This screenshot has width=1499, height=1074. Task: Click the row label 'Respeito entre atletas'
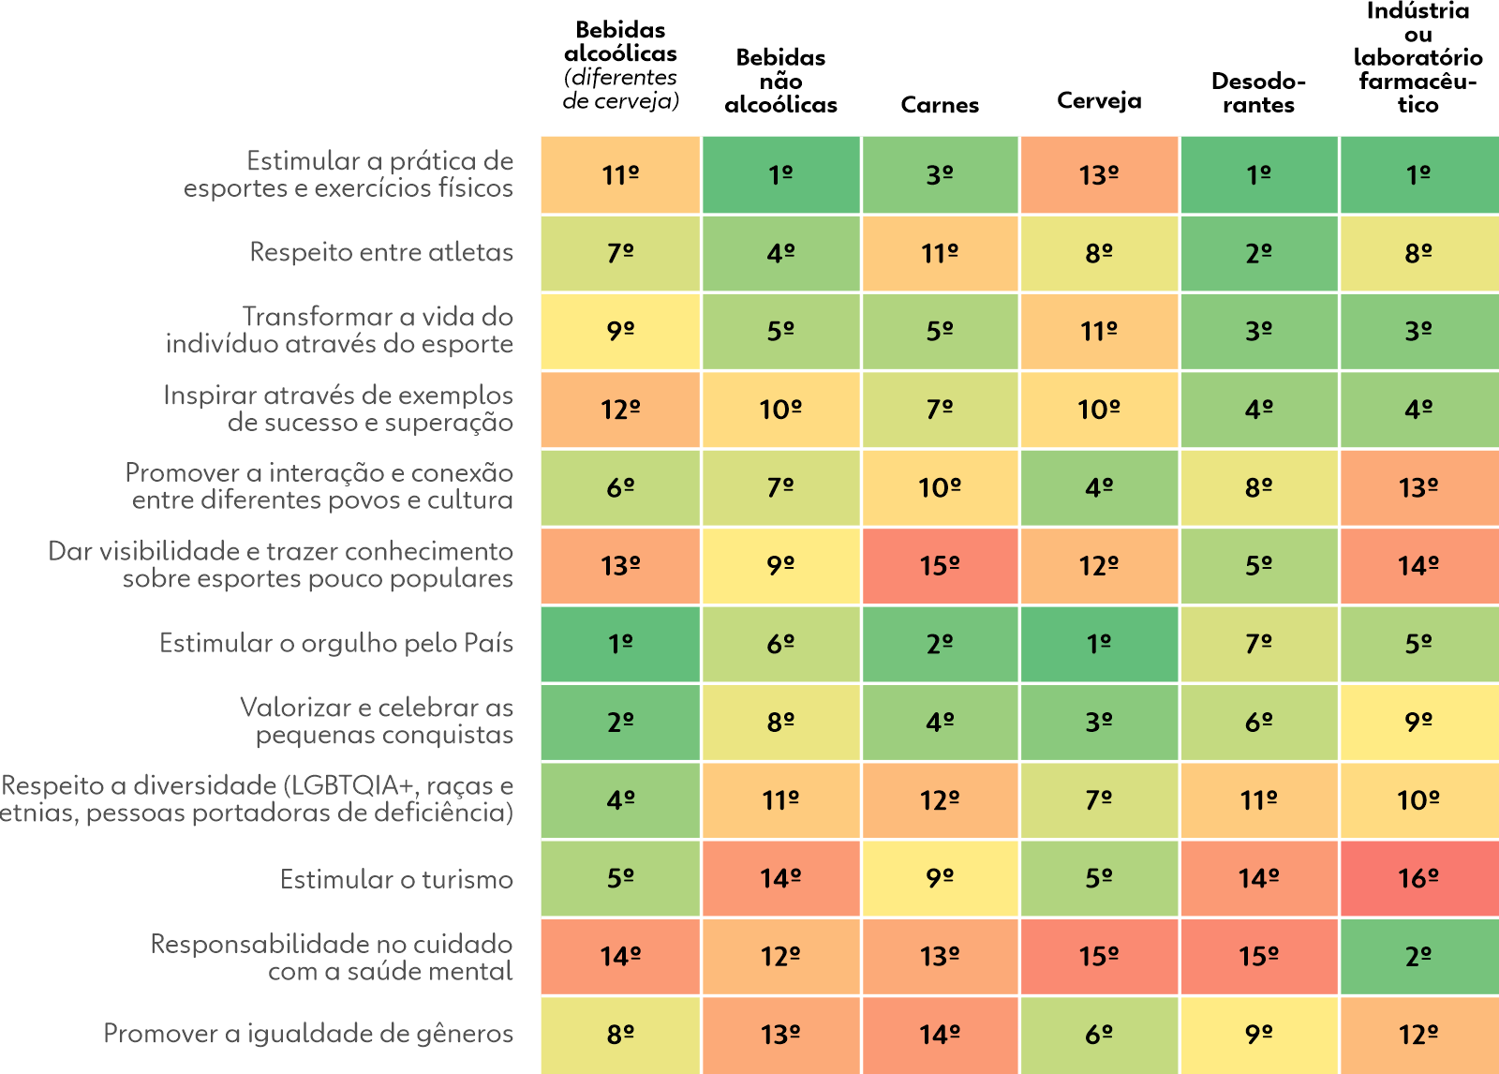pyautogui.click(x=381, y=252)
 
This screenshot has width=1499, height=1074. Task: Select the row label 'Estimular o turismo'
pyautogui.click(x=396, y=879)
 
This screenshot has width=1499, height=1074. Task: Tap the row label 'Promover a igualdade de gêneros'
pyautogui.click(x=308, y=1033)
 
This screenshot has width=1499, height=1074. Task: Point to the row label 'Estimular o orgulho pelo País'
pyautogui.click(x=336, y=643)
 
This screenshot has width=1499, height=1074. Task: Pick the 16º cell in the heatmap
pyautogui.click(x=1418, y=878)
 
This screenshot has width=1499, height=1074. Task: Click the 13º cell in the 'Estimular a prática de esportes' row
pyautogui.click(x=1099, y=174)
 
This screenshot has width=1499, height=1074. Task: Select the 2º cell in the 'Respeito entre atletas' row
pyautogui.click(x=1259, y=253)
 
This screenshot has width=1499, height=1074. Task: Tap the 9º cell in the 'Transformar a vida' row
pyautogui.click(x=620, y=331)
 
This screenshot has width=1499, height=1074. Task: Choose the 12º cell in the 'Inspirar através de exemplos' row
pyautogui.click(x=620, y=410)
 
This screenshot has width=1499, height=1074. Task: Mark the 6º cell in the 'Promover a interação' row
pyautogui.click(x=620, y=487)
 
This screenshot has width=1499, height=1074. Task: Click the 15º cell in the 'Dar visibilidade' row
pyautogui.click(x=940, y=566)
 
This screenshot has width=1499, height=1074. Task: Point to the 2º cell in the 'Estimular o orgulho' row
pyautogui.click(x=940, y=644)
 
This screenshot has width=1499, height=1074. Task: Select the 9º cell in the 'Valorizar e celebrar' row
pyautogui.click(x=1418, y=722)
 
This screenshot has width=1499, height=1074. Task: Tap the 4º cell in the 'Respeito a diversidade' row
pyautogui.click(x=620, y=800)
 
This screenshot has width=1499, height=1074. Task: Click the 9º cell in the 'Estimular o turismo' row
pyautogui.click(x=940, y=878)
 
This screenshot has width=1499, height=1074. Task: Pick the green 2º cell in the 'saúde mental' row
pyautogui.click(x=1418, y=956)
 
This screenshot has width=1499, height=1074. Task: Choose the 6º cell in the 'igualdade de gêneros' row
pyautogui.click(x=1099, y=1035)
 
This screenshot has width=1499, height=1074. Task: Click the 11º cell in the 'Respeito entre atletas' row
pyautogui.click(x=940, y=253)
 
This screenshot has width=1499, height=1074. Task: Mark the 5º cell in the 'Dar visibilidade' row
pyautogui.click(x=1259, y=566)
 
